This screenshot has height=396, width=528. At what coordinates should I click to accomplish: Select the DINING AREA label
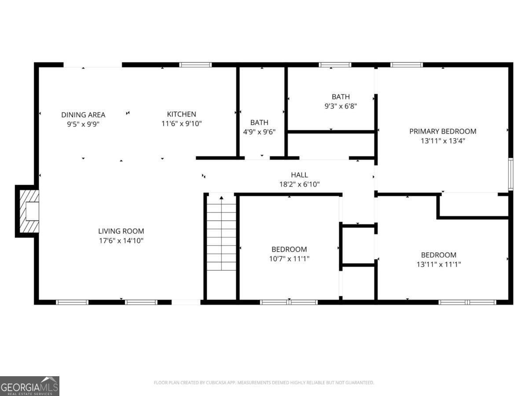[x=83, y=115]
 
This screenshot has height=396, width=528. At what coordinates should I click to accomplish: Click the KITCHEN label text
[x=181, y=114]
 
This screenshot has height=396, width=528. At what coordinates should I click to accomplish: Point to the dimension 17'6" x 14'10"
[x=121, y=241]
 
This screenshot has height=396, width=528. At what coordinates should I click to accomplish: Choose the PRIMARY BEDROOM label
[x=443, y=131]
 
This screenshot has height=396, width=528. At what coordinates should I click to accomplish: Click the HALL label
[x=299, y=175]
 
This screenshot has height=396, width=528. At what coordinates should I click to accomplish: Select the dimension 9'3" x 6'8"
[x=341, y=106]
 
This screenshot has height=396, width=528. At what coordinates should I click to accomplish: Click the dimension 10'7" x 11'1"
[x=289, y=259]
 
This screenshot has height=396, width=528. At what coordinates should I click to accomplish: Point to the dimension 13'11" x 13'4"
[x=443, y=141]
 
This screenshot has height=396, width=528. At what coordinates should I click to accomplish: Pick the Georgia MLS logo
[x=29, y=386]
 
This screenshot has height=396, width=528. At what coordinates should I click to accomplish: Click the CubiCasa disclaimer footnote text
[x=264, y=383]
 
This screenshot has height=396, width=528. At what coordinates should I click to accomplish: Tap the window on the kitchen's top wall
[x=195, y=65]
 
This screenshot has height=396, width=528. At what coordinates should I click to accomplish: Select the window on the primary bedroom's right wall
[x=510, y=174]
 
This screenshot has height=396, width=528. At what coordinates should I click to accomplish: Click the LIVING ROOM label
[x=121, y=231]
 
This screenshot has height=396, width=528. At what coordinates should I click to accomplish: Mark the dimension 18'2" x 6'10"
[x=299, y=184]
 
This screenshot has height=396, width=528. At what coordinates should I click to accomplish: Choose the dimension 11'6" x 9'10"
[x=181, y=124]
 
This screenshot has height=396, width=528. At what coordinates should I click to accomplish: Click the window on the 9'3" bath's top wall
[x=335, y=65]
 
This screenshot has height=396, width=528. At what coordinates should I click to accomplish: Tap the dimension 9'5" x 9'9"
[x=83, y=124]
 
